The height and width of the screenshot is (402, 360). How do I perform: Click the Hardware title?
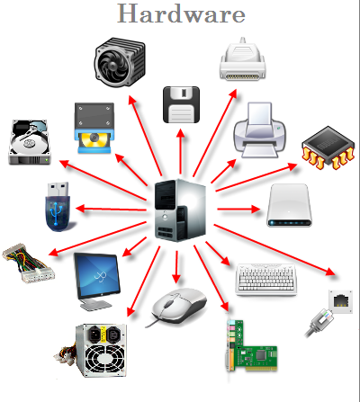point(181,13)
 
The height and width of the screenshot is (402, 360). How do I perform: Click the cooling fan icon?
point(120,62)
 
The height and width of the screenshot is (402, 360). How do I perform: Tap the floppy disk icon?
point(181,104)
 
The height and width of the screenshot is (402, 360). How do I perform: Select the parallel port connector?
point(243,59)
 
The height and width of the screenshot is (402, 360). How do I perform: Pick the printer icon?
point(260,130)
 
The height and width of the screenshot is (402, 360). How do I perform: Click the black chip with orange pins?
point(328,147)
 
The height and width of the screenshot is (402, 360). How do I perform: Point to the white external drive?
point(289,205)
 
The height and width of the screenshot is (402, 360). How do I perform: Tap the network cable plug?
point(319,323)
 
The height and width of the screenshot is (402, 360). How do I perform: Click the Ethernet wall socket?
point(340,301)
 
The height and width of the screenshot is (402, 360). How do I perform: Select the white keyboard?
point(265,280)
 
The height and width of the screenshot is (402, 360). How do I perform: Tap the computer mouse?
point(179,306)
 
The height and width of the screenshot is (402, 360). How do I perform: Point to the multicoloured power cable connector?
point(29,264)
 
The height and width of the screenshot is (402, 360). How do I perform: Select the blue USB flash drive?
point(58,207)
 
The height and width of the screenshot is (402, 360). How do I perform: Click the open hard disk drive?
point(29,142)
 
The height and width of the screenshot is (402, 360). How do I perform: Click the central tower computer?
point(180,210)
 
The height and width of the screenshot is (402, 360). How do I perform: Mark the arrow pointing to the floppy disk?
point(181,152)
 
